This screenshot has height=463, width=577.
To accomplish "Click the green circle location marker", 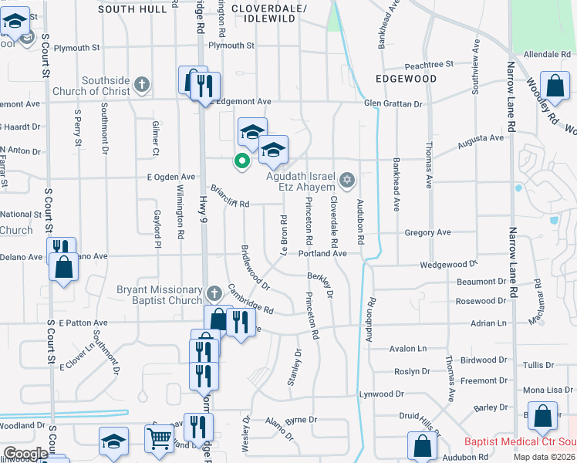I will point(241,161).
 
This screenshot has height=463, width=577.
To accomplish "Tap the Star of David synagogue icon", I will point(347,181).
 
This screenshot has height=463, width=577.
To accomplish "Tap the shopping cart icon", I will point(159,438).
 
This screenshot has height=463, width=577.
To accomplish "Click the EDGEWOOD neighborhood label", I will point(406,79).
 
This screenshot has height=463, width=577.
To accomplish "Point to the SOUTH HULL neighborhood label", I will point(132,9).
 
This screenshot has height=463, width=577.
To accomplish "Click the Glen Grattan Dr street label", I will point(393,103).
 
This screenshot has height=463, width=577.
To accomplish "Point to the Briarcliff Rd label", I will point(230,198).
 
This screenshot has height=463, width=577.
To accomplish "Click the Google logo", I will point(25,454).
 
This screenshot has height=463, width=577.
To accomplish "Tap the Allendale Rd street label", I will point(546,55).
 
